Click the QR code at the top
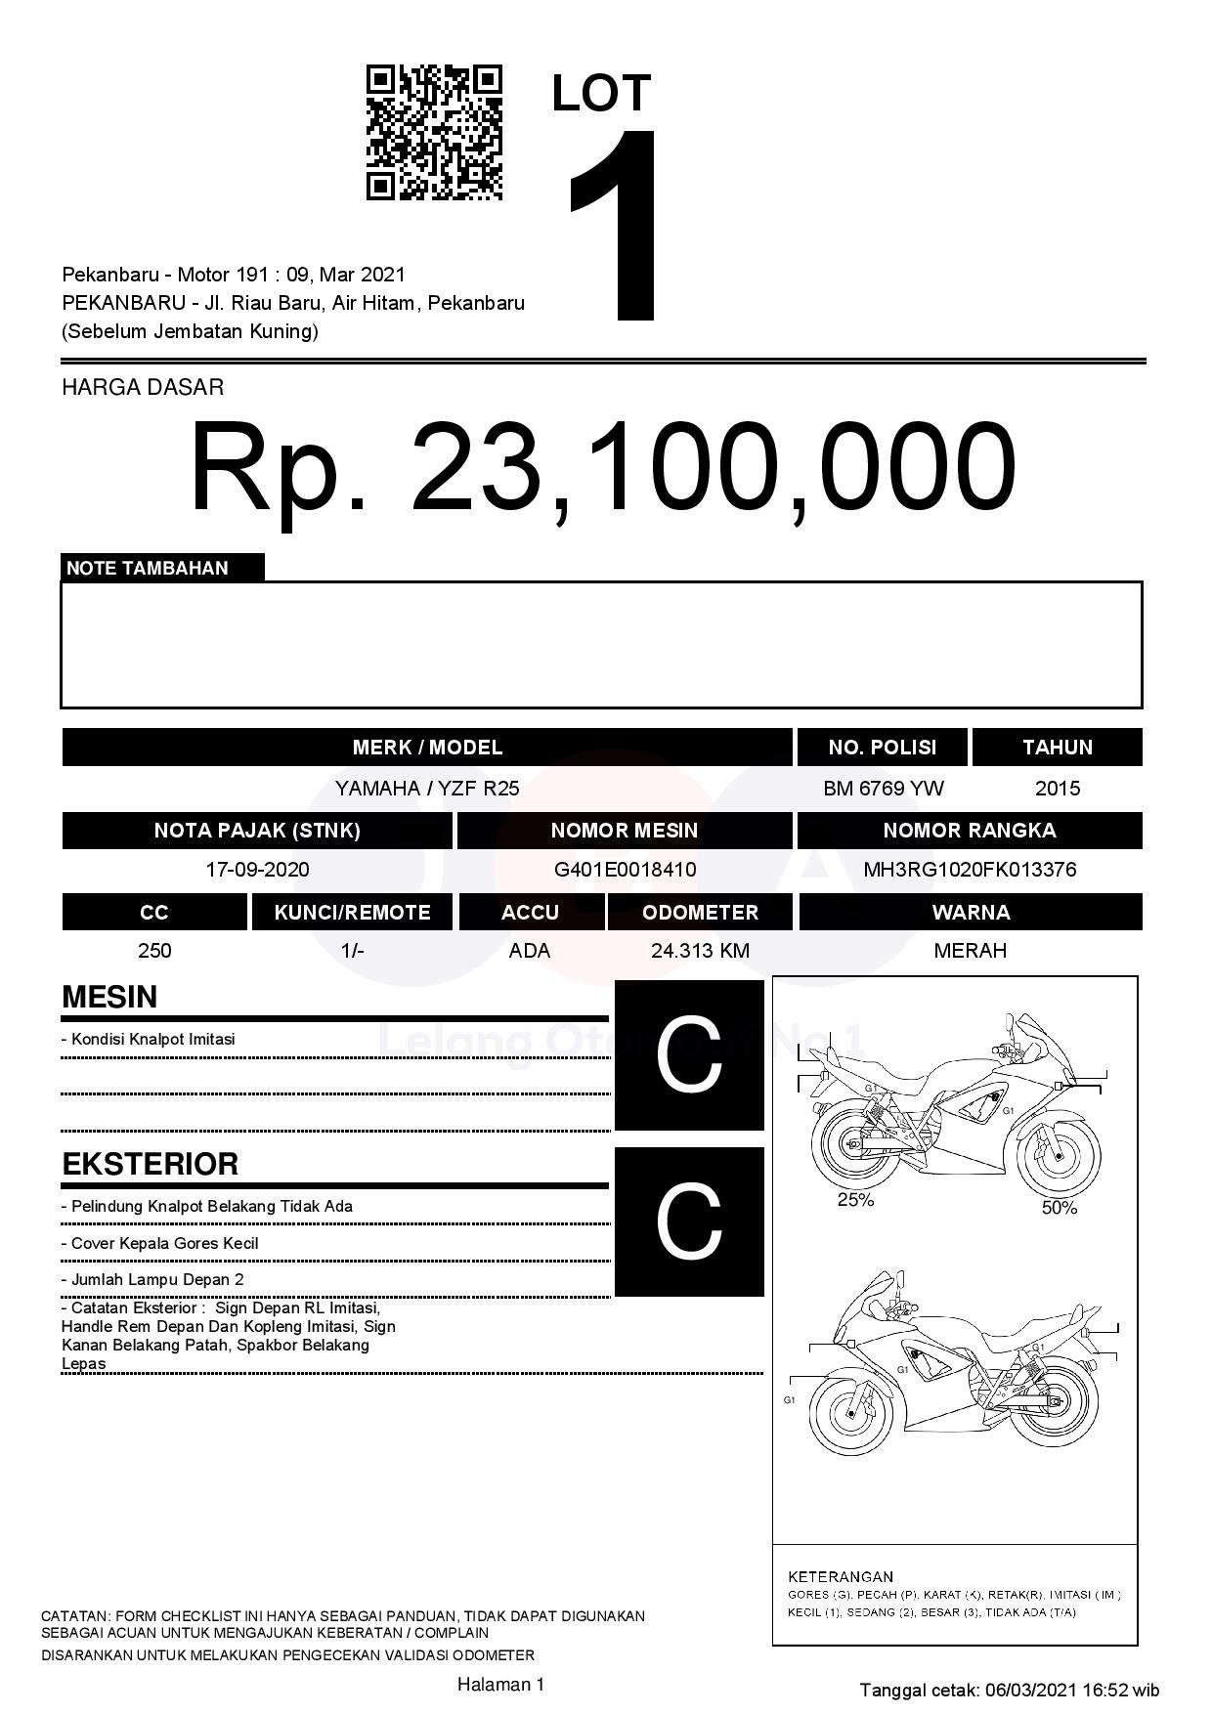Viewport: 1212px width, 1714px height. [x=434, y=133]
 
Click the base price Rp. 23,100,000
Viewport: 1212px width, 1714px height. [x=603, y=467]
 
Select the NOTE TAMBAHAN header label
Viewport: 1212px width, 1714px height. [x=148, y=569]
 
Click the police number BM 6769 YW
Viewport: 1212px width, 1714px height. [x=884, y=789]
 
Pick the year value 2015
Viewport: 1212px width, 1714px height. [x=1058, y=789]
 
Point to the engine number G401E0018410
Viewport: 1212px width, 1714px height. [x=625, y=870]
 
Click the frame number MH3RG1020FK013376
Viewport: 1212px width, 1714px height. [x=970, y=870]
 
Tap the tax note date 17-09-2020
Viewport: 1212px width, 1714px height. [x=257, y=870]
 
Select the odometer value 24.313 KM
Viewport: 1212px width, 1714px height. [x=700, y=951]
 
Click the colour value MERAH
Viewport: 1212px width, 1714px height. [x=970, y=951]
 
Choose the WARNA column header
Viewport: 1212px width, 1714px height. [x=971, y=913]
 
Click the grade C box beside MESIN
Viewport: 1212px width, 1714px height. [x=689, y=1055]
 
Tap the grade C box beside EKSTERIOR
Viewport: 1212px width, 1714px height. [x=689, y=1221]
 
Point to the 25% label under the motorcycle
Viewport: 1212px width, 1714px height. [x=855, y=1200]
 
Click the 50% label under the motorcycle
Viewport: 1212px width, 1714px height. [x=1059, y=1208]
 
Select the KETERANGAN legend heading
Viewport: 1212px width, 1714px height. [x=841, y=1576]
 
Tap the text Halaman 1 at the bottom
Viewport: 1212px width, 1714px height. [x=500, y=1684]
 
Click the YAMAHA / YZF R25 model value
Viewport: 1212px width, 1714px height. [x=427, y=789]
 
